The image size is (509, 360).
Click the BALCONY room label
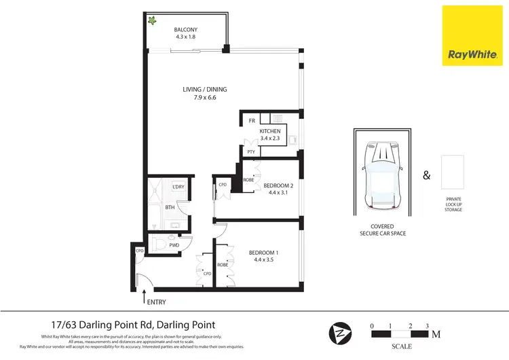tap(185, 29)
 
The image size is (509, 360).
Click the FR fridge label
tap(251, 120)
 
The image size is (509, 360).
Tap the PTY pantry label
tap(250, 151)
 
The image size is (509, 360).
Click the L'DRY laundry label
tap(178, 187)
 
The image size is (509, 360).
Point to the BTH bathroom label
tap(170, 207)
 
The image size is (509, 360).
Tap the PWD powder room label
tap(174, 245)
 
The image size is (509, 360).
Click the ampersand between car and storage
tap(426, 175)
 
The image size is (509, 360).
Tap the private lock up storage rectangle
tap(453, 173)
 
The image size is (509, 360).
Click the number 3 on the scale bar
tap(427, 326)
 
